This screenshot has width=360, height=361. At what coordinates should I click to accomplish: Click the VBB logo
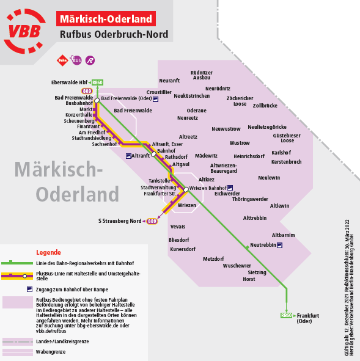[x=24, y=31]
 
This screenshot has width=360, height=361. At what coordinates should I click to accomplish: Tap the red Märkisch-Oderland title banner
[x=106, y=19]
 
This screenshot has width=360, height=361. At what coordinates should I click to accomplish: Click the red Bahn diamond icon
[x=62, y=60]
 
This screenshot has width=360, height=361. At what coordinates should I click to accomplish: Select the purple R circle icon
[x=90, y=60]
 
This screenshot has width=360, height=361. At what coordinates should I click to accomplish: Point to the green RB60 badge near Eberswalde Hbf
[x=97, y=82]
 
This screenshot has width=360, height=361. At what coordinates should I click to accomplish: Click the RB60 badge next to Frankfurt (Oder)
[x=286, y=315]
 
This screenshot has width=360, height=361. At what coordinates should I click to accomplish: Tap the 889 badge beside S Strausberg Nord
[x=152, y=221]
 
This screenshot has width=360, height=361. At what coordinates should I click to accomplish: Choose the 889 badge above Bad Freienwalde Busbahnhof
[x=87, y=91]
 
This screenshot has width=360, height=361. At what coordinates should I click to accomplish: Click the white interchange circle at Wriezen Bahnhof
[x=186, y=189]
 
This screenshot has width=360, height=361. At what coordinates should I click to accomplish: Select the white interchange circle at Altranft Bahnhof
[x=153, y=154]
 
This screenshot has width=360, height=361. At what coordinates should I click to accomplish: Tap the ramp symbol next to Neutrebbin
[x=279, y=245]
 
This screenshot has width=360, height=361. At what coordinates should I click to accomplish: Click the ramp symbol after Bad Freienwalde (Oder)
[x=156, y=99]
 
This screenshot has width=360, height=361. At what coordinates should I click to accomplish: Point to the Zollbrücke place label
[x=265, y=106]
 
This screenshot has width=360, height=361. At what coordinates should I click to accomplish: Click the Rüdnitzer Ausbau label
[x=202, y=75]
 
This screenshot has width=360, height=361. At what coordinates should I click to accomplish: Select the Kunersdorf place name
[x=183, y=249]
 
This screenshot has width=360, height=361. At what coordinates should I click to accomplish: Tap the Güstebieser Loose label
[x=287, y=138]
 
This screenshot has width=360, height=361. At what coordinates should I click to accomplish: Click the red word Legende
[x=48, y=252]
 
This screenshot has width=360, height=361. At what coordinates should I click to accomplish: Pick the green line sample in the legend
[x=17, y=263]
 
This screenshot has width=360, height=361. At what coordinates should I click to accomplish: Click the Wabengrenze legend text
[x=51, y=352]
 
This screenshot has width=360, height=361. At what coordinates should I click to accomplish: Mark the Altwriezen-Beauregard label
[x=224, y=169]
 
